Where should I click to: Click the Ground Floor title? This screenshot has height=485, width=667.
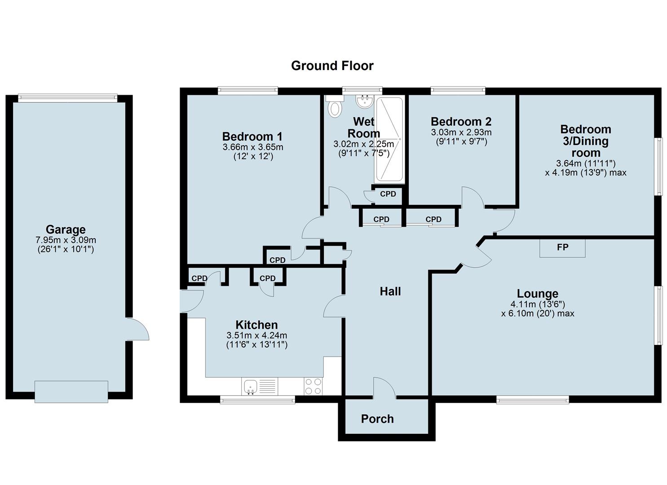tap(332, 66)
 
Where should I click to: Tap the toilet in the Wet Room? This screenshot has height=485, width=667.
tap(335, 108)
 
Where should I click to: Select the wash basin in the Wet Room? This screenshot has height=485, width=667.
tap(364, 101)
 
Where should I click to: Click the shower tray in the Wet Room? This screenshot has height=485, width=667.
tap(389, 139)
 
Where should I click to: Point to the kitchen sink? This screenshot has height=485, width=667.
tap(251, 386)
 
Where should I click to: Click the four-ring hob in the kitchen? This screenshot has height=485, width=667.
tap(313, 386)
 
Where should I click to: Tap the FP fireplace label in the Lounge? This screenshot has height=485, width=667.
tap(562, 247)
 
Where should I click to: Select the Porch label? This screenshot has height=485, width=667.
tap(377, 419)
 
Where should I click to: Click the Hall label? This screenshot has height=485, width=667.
tap(390, 291)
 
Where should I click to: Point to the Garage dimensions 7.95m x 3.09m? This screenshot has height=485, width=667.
tap(66, 240)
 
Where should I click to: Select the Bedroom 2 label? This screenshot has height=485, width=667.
tap(461, 122)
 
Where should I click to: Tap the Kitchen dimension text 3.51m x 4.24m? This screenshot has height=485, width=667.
tap(256, 335)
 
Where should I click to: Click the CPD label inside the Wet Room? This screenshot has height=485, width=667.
tap(388, 194)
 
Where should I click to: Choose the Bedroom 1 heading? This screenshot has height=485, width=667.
tap(252, 137)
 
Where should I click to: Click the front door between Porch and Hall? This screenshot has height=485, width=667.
tap(384, 389)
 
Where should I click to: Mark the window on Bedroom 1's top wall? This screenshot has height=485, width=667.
tap(248, 91)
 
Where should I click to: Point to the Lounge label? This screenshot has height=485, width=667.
tap(537, 294)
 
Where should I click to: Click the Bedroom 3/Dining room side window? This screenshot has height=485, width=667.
tap(658, 166)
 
